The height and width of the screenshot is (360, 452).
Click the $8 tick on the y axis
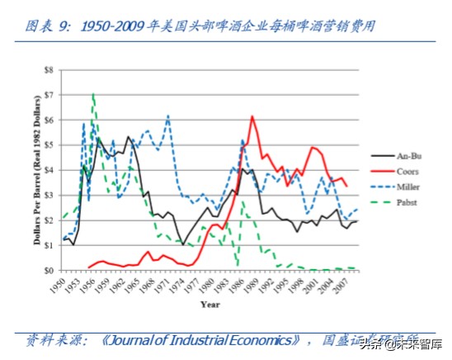point(48,70)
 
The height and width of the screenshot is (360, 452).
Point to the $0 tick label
point(48,270)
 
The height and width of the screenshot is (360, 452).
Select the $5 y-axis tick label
point(48,145)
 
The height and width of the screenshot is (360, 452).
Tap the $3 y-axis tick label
point(48,196)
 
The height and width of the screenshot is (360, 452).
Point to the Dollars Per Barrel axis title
point(35,170)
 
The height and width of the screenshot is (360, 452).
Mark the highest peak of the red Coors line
point(252,116)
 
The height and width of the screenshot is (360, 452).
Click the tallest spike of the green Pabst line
point(93,94)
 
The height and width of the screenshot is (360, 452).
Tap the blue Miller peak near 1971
point(168,116)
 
